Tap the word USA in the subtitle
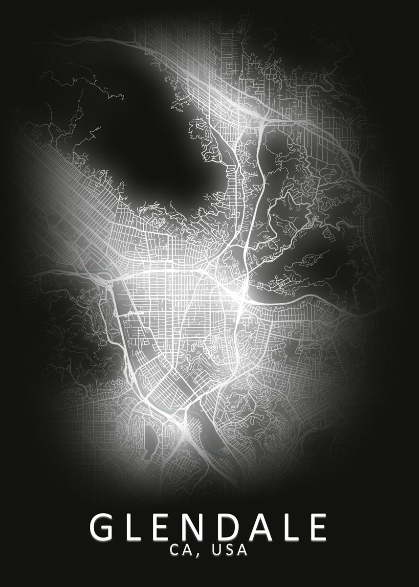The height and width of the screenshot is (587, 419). [x=229, y=550]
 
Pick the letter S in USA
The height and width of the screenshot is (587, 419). [x=229, y=550]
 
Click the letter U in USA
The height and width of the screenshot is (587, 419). [x=217, y=550]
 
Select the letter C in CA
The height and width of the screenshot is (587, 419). [x=176, y=550]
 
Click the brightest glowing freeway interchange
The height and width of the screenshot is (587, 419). [x=241, y=296]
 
